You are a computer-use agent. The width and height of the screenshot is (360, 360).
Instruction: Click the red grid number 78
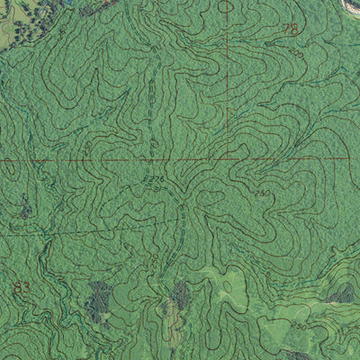click(x=289, y=30)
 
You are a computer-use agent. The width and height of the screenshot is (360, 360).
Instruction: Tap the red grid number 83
click(x=22, y=288)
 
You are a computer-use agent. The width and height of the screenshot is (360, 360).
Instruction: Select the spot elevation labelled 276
click(x=157, y=179)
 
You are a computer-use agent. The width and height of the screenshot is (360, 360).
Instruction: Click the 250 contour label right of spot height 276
click(x=262, y=193)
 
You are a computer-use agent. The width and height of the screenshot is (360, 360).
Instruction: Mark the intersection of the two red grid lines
click(x=226, y=159)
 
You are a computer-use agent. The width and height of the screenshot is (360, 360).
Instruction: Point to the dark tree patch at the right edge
click(x=343, y=292)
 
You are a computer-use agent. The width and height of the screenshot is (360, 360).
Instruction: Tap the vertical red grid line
click(x=226, y=81)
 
